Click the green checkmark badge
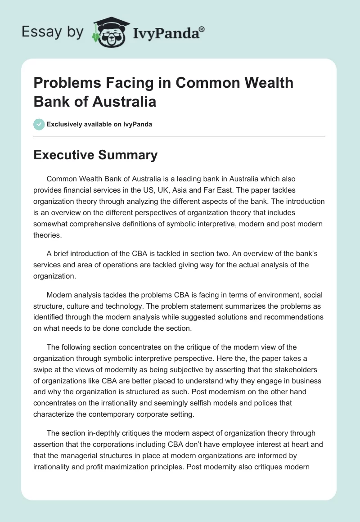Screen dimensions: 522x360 (x=39, y=124)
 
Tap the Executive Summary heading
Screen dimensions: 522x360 (x=95, y=155)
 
